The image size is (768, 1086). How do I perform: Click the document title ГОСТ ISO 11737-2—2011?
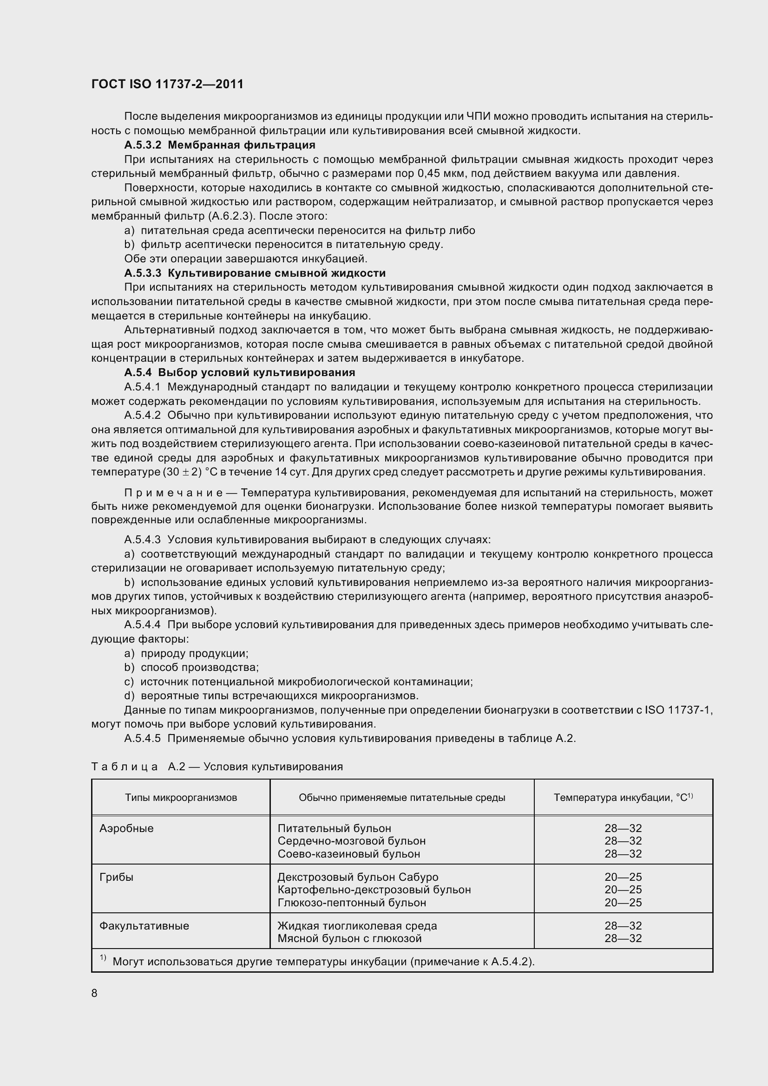pyautogui.click(x=167, y=84)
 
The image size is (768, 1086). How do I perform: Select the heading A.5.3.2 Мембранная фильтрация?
pyautogui.click(x=220, y=145)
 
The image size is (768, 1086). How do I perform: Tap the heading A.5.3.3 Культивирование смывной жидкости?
pyautogui.click(x=255, y=273)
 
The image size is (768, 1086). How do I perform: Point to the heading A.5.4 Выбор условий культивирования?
pyautogui.click(x=239, y=372)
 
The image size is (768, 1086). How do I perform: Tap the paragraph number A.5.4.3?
pyautogui.click(x=143, y=539)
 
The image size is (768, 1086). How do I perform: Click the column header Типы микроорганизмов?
pyautogui.click(x=181, y=798)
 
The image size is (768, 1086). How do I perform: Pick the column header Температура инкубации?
pyautogui.click(x=623, y=798)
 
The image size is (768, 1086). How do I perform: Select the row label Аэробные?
pyautogui.click(x=126, y=828)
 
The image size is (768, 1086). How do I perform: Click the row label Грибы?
pyautogui.click(x=117, y=877)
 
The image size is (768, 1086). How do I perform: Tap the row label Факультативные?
pyautogui.click(x=144, y=926)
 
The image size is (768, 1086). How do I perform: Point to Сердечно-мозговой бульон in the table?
pyautogui.click(x=351, y=841)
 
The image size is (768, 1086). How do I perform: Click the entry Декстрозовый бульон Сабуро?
pyautogui.click(x=357, y=877)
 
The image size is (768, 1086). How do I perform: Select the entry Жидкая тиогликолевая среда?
pyautogui.click(x=357, y=926)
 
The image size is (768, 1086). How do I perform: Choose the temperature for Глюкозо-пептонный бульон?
pyautogui.click(x=623, y=903)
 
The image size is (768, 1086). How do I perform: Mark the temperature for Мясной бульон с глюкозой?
pyautogui.click(x=623, y=938)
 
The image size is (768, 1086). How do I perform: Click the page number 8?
pyautogui.click(x=94, y=993)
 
